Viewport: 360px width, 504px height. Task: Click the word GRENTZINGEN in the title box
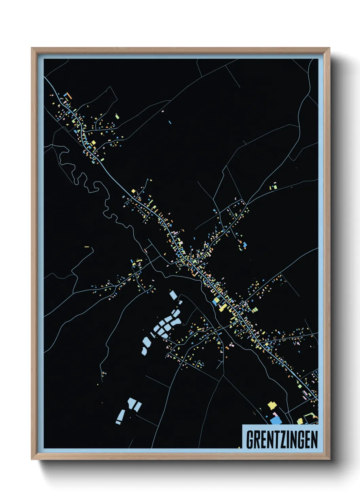[282, 440]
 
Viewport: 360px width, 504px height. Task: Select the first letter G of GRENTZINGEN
[250, 440]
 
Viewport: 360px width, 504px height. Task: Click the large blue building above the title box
[276, 421]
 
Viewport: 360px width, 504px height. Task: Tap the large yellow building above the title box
[272, 405]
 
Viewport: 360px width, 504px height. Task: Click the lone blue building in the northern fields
[170, 122]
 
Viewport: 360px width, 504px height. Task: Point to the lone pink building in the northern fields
[163, 111]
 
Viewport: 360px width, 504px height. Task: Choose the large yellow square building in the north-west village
[93, 143]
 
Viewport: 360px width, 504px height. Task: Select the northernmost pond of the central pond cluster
[173, 295]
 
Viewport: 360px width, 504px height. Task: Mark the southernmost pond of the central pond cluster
[144, 351]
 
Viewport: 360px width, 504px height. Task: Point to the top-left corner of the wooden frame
[32, 48]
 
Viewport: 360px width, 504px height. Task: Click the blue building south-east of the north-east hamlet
[244, 245]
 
